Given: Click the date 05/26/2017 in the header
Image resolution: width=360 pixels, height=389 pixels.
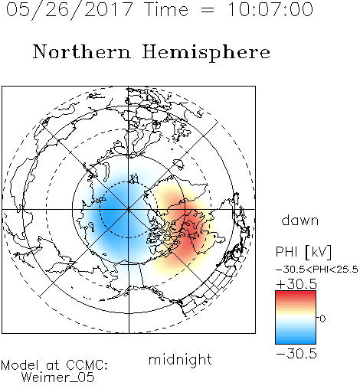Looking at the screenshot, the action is [70, 10].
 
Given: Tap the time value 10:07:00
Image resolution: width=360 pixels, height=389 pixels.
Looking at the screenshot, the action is [270, 10].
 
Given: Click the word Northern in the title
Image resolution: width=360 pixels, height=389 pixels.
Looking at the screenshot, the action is [82, 52].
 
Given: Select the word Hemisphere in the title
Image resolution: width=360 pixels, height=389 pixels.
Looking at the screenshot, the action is [206, 53].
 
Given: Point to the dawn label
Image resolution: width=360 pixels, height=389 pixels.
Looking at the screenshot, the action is [300, 220].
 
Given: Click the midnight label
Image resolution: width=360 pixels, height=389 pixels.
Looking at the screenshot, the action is [180, 359].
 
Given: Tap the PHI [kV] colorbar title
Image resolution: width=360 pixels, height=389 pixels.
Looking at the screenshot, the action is [303, 252].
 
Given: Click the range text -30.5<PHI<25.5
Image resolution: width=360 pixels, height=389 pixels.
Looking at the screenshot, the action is [316, 270].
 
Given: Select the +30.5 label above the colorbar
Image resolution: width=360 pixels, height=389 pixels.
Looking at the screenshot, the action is [296, 284].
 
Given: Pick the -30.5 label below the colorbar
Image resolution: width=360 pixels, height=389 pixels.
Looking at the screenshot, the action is [296, 354].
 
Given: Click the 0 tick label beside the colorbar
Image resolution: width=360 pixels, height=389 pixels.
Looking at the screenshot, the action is [322, 319].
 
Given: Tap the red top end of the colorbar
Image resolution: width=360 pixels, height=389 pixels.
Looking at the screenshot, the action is [296, 293].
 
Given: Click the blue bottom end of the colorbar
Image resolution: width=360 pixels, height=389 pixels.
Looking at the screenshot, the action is [296, 341].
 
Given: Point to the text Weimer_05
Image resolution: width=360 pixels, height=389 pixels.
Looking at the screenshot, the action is [57, 378].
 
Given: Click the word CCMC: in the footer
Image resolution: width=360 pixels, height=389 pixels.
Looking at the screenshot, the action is [87, 365].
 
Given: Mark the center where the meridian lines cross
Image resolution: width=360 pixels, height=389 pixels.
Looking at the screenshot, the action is [129, 209].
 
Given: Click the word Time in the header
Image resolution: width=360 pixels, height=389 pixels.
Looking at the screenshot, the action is [166, 10].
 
